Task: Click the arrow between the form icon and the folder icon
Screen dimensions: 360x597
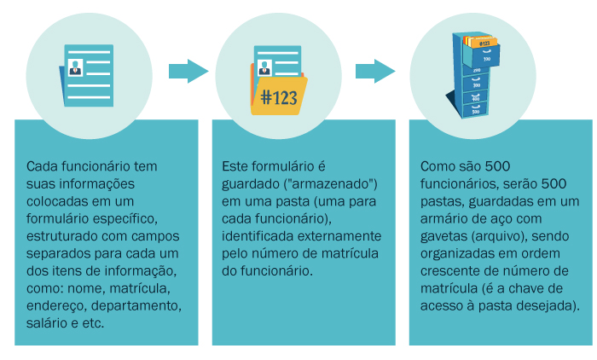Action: pos(188,71)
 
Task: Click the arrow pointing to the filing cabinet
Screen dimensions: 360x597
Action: pos(375,71)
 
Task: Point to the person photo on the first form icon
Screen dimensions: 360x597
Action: pos(75,66)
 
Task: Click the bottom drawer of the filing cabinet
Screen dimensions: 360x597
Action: pos(475,110)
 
